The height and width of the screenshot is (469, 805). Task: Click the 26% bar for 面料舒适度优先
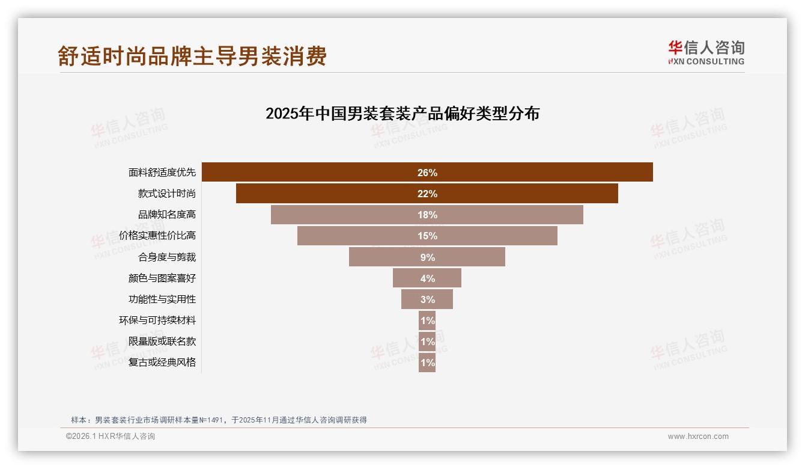(x=427, y=172)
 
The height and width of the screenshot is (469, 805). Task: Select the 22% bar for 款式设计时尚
(x=427, y=194)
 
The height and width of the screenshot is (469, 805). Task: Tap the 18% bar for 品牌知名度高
(x=427, y=215)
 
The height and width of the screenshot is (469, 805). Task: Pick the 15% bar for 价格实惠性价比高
(x=427, y=236)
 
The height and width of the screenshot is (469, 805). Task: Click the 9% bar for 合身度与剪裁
(x=427, y=257)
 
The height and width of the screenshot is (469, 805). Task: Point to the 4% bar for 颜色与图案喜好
(x=427, y=278)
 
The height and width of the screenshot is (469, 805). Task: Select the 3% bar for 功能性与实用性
(x=427, y=299)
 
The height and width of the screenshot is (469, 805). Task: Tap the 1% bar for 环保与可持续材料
(x=427, y=320)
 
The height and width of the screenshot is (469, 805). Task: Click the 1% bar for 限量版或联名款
(x=427, y=342)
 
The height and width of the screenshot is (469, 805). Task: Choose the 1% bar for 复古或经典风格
(x=427, y=363)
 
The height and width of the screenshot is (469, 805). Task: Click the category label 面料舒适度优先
(x=162, y=173)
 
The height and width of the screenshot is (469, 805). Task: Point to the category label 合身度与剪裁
(x=167, y=257)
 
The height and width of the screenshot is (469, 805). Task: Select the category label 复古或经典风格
(x=162, y=363)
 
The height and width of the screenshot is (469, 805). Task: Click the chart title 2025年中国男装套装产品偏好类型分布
(x=402, y=114)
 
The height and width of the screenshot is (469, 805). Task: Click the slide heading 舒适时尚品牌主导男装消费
(x=192, y=56)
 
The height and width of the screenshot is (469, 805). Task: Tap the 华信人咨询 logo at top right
(x=706, y=52)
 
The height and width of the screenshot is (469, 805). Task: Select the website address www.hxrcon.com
(x=698, y=437)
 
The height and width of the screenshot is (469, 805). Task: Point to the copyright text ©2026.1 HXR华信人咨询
(x=111, y=437)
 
